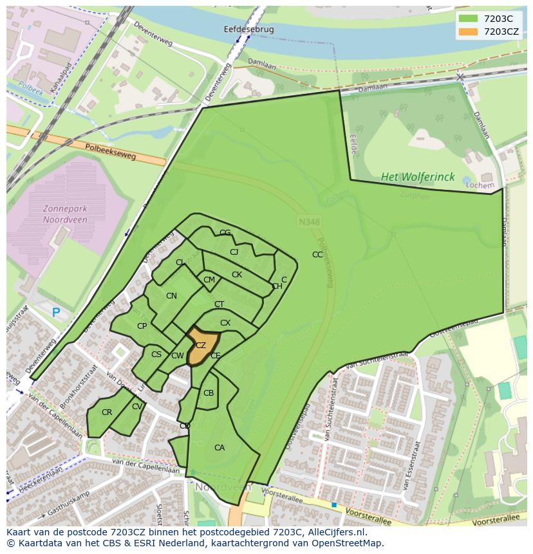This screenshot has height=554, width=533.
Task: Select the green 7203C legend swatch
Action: (469, 18)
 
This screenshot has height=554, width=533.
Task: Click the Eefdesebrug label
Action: (248, 30)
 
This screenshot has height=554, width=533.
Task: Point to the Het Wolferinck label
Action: (417, 176)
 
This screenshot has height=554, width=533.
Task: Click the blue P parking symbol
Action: (56, 312)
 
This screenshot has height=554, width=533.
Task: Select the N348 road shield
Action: (310, 222)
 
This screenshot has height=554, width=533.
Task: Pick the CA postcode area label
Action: (220, 448)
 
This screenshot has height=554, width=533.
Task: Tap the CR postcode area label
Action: (107, 412)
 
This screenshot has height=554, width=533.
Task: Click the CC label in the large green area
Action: (317, 255)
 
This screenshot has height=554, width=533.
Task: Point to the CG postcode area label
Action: (225, 233)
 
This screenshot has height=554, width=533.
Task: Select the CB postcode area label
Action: (209, 393)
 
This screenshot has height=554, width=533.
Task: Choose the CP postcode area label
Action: (142, 326)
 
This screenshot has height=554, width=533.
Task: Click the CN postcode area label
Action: (171, 296)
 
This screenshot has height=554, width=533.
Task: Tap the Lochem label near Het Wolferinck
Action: (480, 185)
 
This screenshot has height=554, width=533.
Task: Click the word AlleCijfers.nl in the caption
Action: (335, 532)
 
